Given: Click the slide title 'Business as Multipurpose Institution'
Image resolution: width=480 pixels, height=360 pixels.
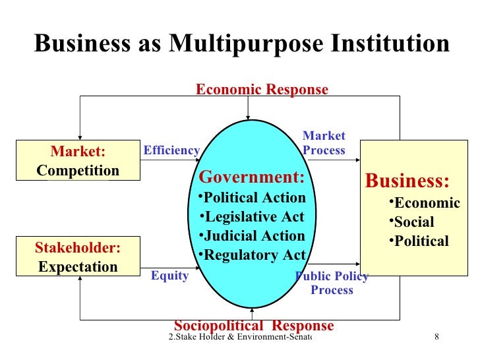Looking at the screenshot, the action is [x=241, y=44].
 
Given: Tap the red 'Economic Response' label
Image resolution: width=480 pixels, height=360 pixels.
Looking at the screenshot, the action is [x=262, y=90].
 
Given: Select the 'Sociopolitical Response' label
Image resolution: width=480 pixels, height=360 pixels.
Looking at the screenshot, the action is [x=254, y=326].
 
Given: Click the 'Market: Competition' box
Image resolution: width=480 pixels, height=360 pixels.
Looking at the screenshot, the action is [x=78, y=161].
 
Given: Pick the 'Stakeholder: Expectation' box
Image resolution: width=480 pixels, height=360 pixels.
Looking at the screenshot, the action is [x=78, y=257].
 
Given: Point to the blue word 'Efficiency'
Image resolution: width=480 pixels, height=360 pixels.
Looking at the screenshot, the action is [x=171, y=150].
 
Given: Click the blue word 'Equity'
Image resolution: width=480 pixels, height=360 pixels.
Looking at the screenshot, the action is [x=170, y=276].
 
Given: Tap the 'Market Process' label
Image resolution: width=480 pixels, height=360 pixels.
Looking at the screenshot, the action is [x=324, y=143].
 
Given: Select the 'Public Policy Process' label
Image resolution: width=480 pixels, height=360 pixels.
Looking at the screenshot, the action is [x=332, y=283].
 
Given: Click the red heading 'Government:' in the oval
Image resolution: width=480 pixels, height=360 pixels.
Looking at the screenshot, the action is [x=252, y=177].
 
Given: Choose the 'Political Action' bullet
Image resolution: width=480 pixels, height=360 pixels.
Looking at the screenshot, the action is [x=252, y=198].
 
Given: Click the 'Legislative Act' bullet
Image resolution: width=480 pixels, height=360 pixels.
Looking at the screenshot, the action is [x=252, y=217].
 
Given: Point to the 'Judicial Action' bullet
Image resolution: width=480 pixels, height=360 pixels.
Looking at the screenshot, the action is [x=252, y=236].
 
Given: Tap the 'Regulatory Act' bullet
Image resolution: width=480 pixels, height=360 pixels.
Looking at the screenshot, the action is [x=252, y=255].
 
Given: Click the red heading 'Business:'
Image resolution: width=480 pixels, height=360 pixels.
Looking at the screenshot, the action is [x=407, y=181].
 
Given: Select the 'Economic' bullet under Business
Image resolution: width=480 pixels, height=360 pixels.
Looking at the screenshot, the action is [x=424, y=203].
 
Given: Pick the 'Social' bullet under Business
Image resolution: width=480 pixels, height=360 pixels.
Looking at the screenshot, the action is [x=411, y=222].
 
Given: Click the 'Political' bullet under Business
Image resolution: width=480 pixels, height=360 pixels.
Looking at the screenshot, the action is [x=419, y=241].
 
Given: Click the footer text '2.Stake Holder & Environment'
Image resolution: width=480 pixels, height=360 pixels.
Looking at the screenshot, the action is [x=239, y=338].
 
